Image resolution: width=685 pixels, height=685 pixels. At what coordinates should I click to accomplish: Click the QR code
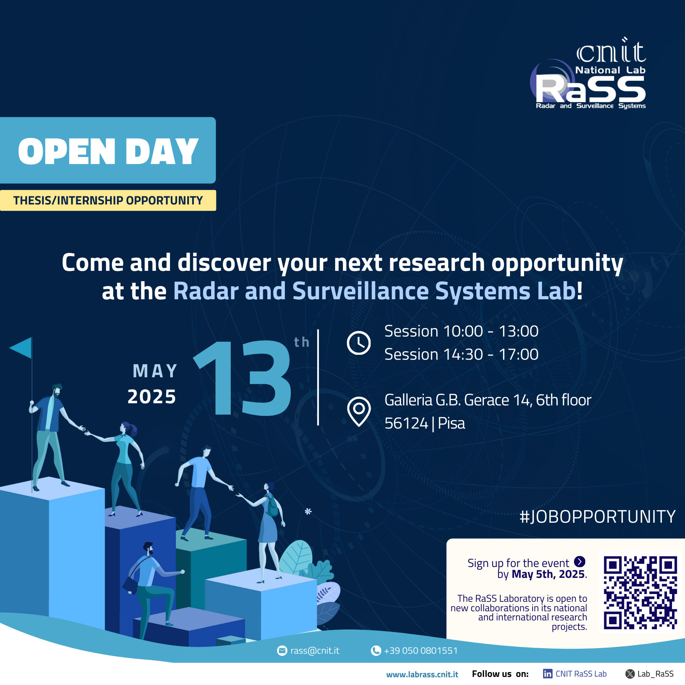(x=640, y=593)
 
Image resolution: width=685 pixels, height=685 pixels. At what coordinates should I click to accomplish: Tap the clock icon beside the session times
(x=358, y=343)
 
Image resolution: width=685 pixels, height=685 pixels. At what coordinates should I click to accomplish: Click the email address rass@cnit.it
(x=314, y=651)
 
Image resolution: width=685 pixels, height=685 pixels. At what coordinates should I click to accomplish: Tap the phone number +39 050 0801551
(x=420, y=651)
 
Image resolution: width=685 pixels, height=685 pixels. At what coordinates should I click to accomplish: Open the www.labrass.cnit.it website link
(x=422, y=674)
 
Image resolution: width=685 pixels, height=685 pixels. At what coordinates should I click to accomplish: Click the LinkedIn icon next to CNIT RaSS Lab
(x=547, y=674)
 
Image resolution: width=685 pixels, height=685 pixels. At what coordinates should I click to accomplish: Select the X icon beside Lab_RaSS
(x=630, y=674)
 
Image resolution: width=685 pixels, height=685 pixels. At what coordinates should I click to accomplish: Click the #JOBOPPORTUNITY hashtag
(x=598, y=517)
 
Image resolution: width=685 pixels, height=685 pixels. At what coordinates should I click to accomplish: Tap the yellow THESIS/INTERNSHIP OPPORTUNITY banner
(x=108, y=200)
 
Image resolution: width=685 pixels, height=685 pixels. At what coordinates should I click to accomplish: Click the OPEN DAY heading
(x=108, y=151)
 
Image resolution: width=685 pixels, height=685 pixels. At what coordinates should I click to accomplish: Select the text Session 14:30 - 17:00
(x=461, y=354)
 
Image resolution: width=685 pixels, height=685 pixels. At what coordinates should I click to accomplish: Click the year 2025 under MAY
(x=152, y=396)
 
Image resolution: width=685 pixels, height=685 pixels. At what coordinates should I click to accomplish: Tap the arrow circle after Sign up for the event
(x=579, y=561)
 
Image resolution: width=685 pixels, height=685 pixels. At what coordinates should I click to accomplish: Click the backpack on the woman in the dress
(x=272, y=507)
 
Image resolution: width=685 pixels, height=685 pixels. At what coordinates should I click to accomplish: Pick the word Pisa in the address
(x=451, y=423)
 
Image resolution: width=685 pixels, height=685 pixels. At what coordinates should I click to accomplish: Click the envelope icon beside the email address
(x=282, y=651)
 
